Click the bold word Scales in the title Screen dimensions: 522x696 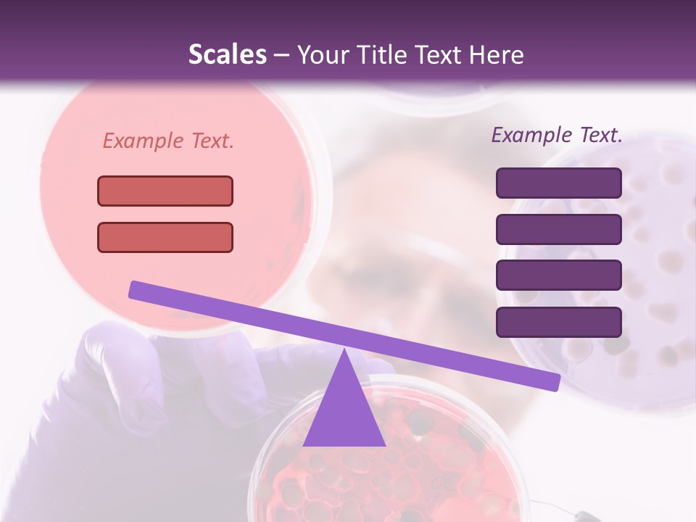click(x=228, y=55)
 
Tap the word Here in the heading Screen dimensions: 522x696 click(x=497, y=55)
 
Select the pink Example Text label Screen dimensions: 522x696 click(x=168, y=141)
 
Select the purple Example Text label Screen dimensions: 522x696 click(x=557, y=135)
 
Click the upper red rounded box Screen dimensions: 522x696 click(x=165, y=191)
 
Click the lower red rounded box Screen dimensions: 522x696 click(x=165, y=237)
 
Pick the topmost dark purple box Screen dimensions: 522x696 click(x=558, y=183)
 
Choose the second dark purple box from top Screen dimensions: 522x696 click(x=558, y=229)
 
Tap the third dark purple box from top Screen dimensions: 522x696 click(x=558, y=275)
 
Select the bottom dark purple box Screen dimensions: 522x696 click(x=558, y=322)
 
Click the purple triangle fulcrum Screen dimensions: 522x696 click(x=344, y=413)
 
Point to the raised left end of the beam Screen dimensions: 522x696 click(x=135, y=290)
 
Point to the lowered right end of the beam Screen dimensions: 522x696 click(x=554, y=381)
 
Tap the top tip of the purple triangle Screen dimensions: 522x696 click(x=344, y=351)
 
